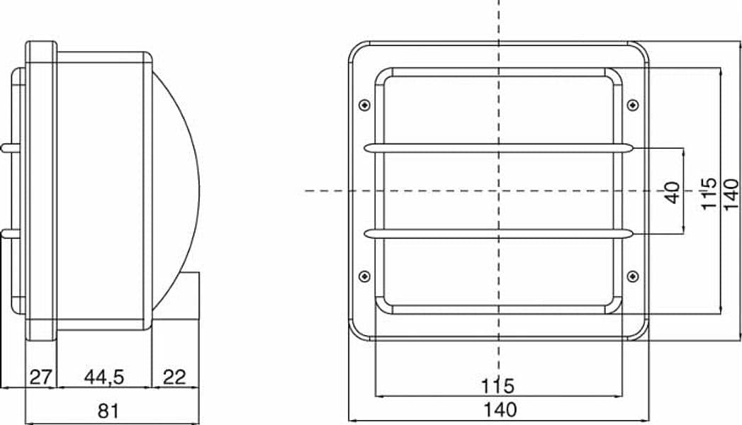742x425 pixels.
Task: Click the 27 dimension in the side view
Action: [x=40, y=378]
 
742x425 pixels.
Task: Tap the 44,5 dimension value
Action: [x=104, y=378]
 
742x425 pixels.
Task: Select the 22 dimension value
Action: [x=174, y=378]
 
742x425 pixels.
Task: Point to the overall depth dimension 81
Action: [x=108, y=412]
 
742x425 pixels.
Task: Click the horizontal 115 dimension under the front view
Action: [x=498, y=386]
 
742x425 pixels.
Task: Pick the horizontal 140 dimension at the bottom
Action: [x=500, y=409]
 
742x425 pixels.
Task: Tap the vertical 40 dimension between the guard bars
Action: [x=672, y=193]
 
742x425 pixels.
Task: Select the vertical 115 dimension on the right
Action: [x=709, y=193]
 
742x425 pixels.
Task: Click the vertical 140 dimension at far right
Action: [x=731, y=193]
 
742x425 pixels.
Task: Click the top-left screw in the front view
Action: [x=364, y=105]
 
